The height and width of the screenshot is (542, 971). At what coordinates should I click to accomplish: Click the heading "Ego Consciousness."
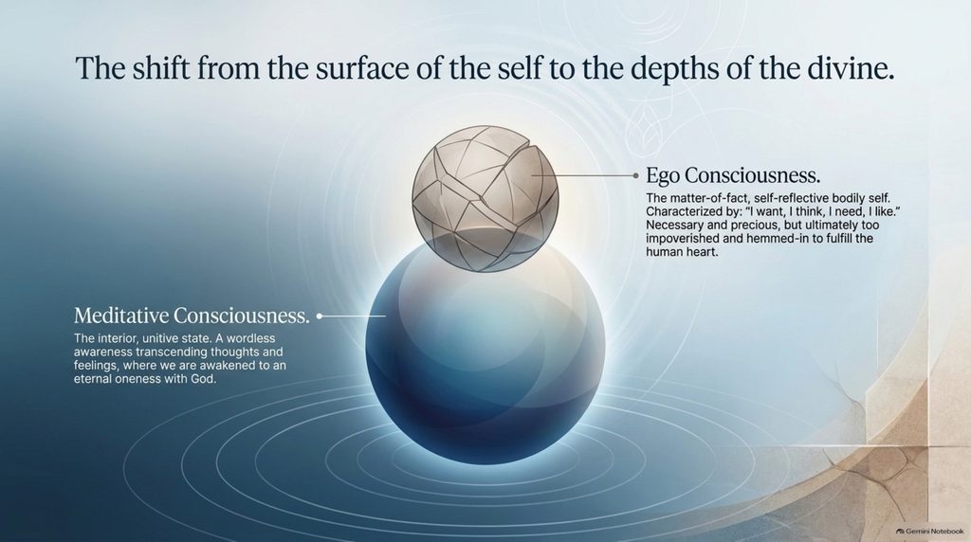[733, 175]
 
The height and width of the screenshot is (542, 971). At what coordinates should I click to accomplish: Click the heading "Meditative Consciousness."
[192, 316]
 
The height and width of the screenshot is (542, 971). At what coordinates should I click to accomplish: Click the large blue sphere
[485, 348]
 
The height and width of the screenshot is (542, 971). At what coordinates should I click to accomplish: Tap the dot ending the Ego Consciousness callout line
[635, 175]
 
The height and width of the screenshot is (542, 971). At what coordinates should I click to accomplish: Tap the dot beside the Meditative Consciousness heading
[320, 316]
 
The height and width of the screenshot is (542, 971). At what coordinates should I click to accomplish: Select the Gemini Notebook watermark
[929, 532]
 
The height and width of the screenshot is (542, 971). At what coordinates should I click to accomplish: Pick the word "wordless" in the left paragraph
[252, 338]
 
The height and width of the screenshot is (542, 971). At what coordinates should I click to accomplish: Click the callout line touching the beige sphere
[583, 175]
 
